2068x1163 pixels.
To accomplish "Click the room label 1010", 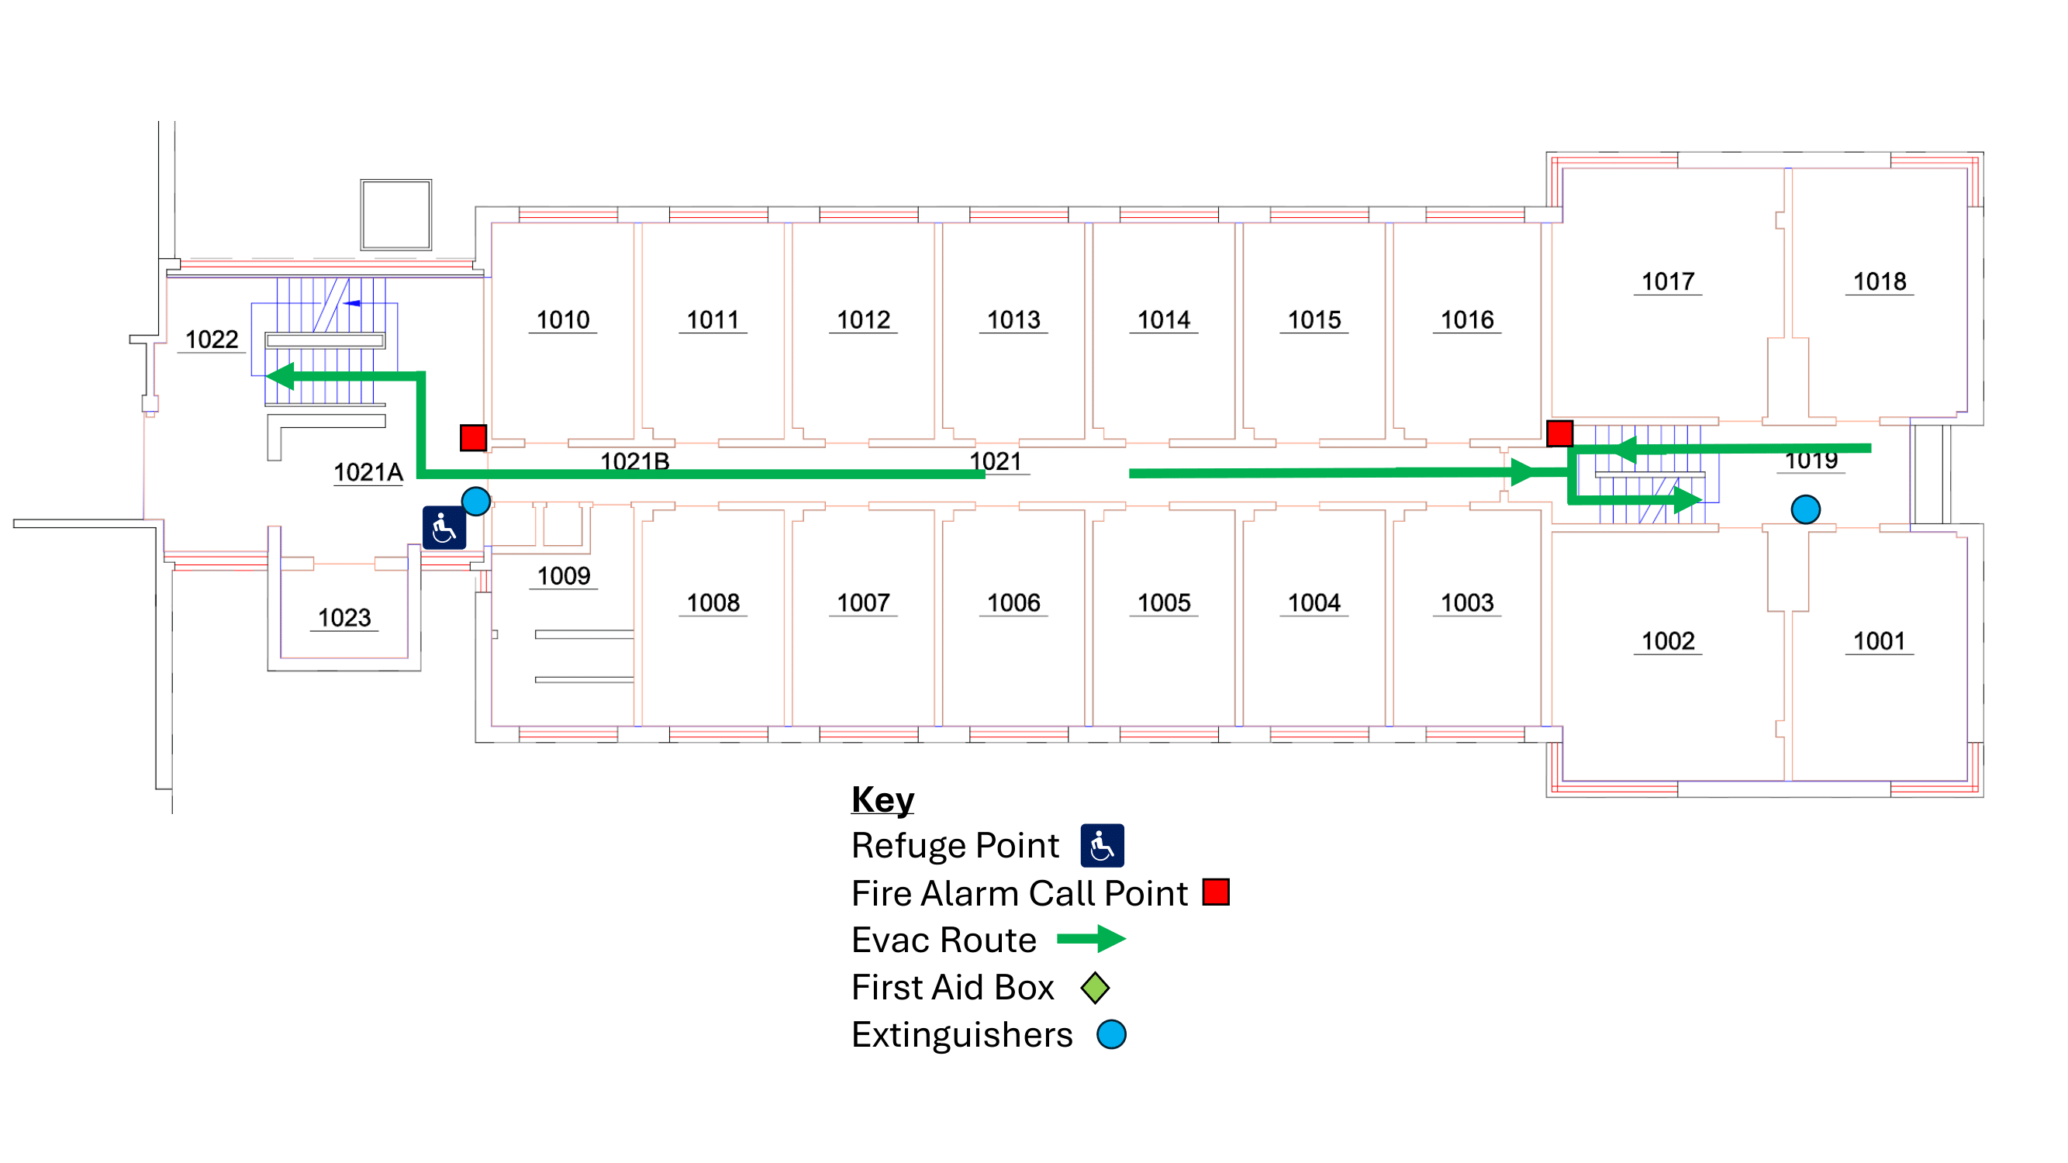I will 563,320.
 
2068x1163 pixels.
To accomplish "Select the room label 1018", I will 1879,281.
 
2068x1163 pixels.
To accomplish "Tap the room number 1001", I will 1879,641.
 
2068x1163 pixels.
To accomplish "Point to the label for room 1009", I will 564,575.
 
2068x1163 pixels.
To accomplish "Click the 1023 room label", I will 344,617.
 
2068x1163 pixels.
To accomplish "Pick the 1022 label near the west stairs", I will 212,340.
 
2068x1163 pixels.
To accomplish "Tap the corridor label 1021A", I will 368,472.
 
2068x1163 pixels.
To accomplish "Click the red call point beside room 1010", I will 474,437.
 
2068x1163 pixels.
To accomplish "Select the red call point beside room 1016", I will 1559,433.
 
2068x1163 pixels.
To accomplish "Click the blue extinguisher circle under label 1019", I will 1805,509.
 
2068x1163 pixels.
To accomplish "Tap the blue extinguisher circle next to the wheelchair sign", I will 476,501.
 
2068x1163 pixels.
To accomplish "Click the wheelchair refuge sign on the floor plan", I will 444,527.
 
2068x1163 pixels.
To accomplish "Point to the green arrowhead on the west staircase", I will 280,375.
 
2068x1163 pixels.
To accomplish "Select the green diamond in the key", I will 1095,987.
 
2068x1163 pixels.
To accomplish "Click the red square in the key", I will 1215,892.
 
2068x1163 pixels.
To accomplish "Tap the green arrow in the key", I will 1091,938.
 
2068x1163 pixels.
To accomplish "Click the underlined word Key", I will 882,799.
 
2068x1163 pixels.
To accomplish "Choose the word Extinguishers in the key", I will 961,1034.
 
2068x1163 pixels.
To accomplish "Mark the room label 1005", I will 1164,602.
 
